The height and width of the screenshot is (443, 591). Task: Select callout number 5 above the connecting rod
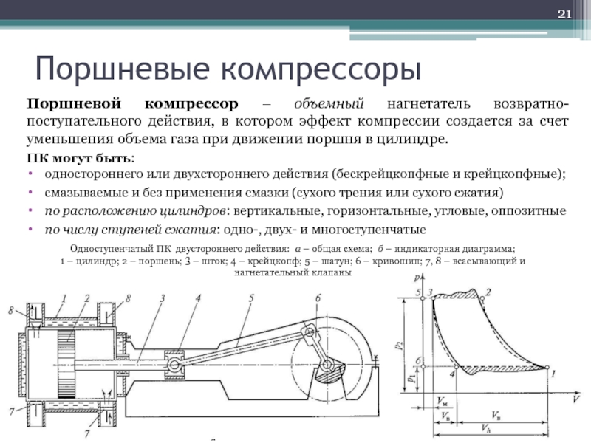[251, 298]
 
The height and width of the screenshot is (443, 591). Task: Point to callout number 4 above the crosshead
[198, 298]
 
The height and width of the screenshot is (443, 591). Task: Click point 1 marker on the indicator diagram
[548, 366]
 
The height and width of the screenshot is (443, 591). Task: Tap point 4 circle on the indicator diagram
[453, 366]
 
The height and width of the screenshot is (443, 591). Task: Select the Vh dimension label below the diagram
[484, 429]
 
